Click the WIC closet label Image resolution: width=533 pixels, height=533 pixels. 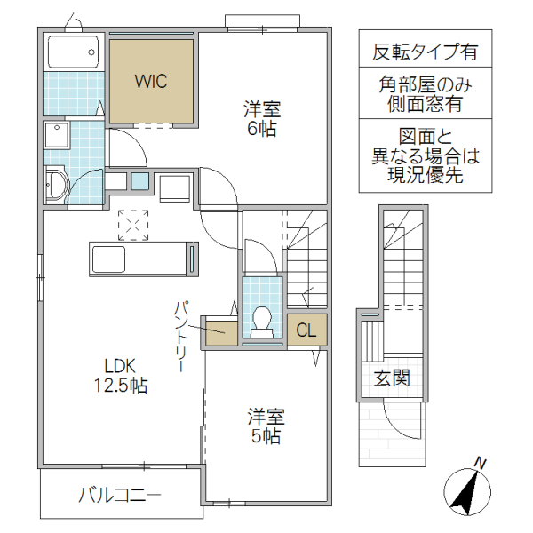pyautogui.click(x=150, y=81)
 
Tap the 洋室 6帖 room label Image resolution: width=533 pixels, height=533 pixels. pyautogui.click(x=262, y=119)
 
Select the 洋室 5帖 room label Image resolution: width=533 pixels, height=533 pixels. pyautogui.click(x=265, y=426)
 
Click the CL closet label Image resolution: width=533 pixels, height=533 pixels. pyautogui.click(x=306, y=330)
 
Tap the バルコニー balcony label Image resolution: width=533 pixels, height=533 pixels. pyautogui.click(x=119, y=495)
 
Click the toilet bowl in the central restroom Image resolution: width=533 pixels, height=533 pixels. pyautogui.click(x=262, y=320)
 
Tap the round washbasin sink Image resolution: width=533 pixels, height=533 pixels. pyautogui.click(x=55, y=186)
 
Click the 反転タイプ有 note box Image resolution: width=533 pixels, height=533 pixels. pyautogui.click(x=425, y=52)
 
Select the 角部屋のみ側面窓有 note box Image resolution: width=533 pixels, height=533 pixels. pyautogui.click(x=425, y=94)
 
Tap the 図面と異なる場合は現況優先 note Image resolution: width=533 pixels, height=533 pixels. pyautogui.click(x=425, y=156)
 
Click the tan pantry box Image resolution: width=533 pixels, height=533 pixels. pyautogui.click(x=220, y=330)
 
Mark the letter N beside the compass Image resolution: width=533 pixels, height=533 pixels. pyautogui.click(x=480, y=462)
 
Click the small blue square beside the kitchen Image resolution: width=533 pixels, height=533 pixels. pyautogui.click(x=139, y=181)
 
